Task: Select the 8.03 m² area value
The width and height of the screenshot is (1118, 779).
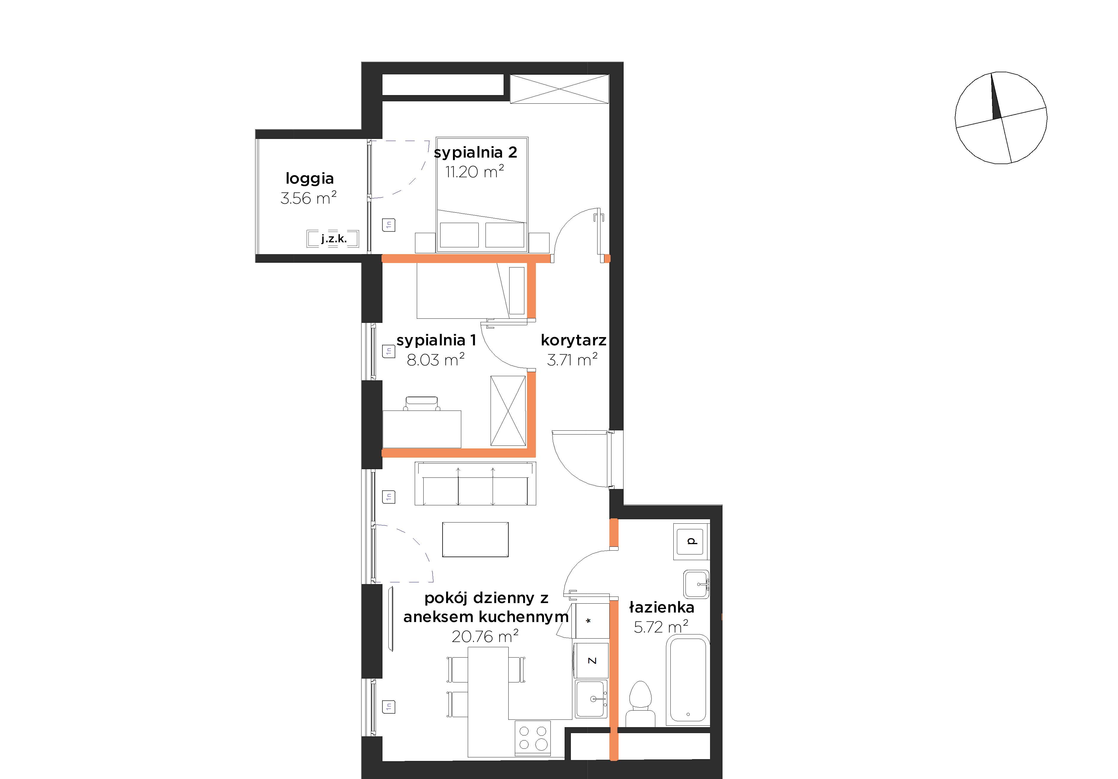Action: click(435, 360)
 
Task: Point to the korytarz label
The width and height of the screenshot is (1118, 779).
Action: click(574, 340)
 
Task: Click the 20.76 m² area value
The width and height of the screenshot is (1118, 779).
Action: click(485, 636)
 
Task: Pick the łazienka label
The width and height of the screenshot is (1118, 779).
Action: click(661, 607)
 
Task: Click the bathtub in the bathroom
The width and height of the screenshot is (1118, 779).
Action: click(688, 681)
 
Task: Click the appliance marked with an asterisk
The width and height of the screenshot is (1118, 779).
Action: click(591, 621)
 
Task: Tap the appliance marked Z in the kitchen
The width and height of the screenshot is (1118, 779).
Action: click(591, 660)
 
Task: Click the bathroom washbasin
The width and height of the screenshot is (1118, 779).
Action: click(696, 584)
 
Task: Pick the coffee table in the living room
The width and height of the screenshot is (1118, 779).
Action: click(475, 539)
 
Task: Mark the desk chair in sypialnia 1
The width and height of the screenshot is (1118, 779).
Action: click(422, 404)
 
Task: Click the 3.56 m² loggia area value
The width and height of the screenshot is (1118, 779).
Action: click(309, 198)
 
